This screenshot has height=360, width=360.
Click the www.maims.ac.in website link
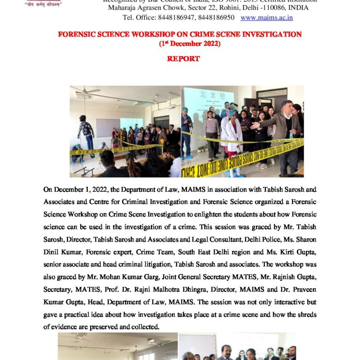click(267, 18)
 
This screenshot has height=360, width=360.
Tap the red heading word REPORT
click(183, 59)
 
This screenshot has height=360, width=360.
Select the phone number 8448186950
click(217, 18)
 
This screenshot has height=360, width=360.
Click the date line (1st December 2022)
click(183, 44)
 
